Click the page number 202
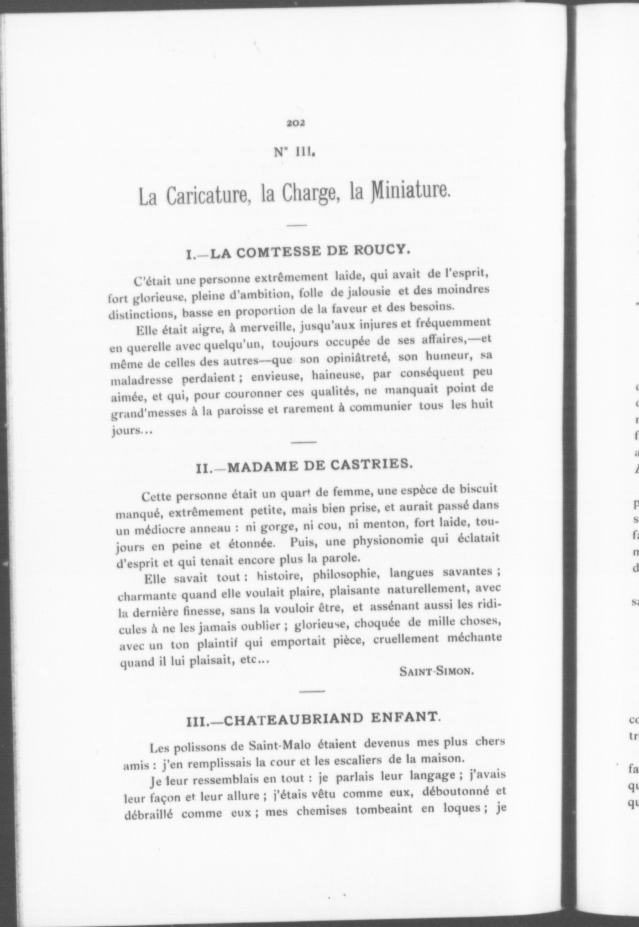[296, 123]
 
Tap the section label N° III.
[294, 151]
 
